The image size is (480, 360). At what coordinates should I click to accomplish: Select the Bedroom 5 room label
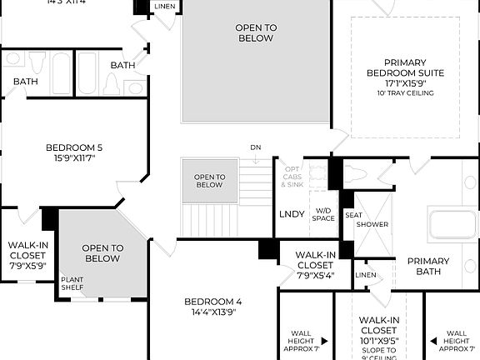click(x=74, y=153)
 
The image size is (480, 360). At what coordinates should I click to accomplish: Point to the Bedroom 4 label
click(x=212, y=307)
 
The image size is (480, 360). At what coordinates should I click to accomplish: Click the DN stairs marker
click(x=255, y=147)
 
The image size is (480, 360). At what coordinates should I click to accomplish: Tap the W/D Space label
click(x=323, y=214)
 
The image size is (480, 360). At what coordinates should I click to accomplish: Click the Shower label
click(x=372, y=224)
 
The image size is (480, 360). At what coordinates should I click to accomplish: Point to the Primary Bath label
click(x=427, y=267)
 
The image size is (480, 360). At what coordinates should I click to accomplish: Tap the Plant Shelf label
click(x=72, y=284)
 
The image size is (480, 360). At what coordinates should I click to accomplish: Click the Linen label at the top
click(x=165, y=7)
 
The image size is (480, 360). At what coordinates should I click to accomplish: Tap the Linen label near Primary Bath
click(x=365, y=275)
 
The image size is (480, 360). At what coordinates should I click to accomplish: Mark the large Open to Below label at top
click(x=256, y=32)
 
